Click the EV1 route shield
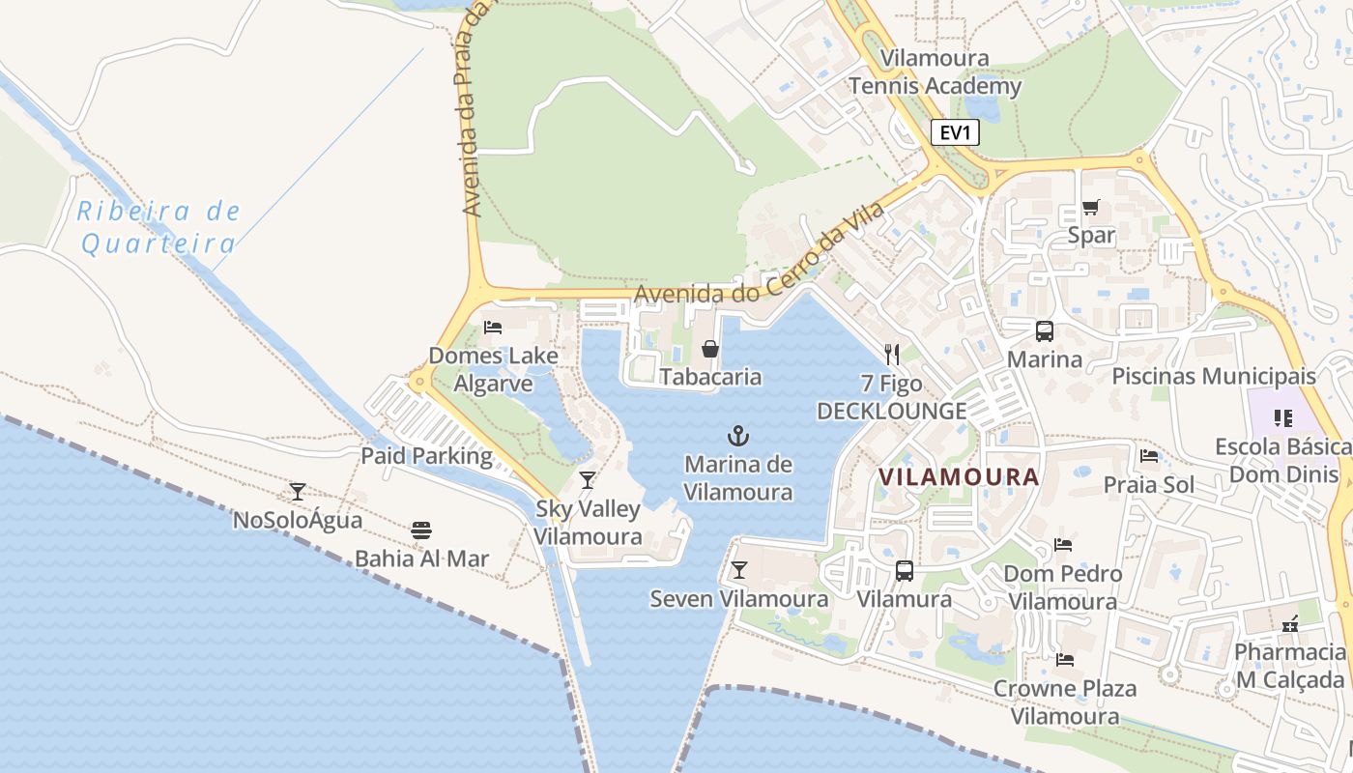[x=955, y=132]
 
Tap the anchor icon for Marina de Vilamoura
[x=738, y=436]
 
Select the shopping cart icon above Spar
[x=1091, y=206]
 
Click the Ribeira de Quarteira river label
[x=158, y=227]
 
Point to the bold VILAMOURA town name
[x=959, y=476]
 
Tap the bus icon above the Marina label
[x=1045, y=331]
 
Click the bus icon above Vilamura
[x=905, y=571]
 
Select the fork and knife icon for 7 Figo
[x=892, y=355]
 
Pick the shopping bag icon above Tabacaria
[x=710, y=349]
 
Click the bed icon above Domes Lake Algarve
[x=493, y=328]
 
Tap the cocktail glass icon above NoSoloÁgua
[x=298, y=492]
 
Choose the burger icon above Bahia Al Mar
[x=421, y=530]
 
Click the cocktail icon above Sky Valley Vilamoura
[x=588, y=480]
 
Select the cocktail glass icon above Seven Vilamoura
[x=739, y=570]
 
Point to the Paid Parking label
[x=427, y=455]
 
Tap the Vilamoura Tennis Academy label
[x=935, y=72]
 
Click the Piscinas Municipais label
[x=1214, y=376]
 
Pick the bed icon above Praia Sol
[x=1149, y=456]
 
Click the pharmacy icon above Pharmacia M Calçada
[x=1289, y=624]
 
